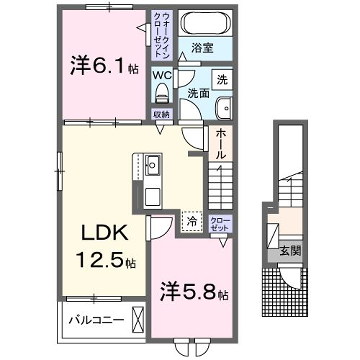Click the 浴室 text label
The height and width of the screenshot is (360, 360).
pos(202,47)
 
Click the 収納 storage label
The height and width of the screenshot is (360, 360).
pos(161,114)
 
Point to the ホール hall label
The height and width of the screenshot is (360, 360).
pos(219,146)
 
